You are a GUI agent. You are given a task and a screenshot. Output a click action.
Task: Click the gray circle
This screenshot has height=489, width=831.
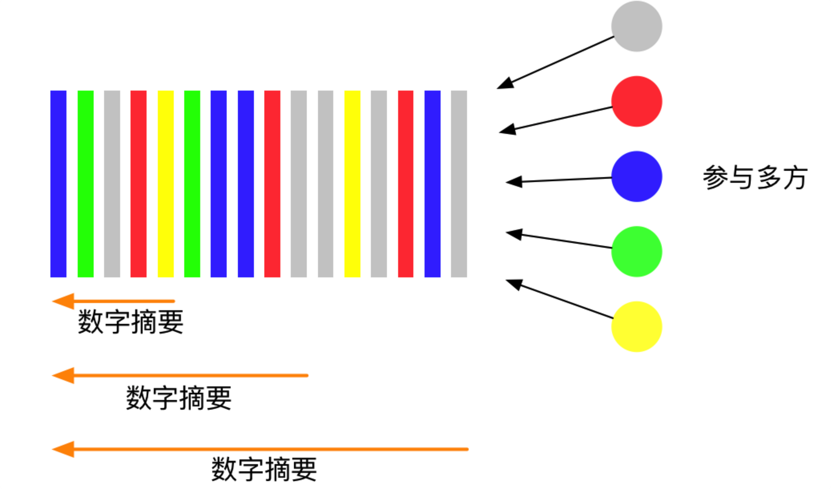click(636, 26)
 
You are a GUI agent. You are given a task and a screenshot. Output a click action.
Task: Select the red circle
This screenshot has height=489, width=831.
click(636, 101)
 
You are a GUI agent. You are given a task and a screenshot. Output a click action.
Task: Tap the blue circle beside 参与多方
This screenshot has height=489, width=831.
click(636, 176)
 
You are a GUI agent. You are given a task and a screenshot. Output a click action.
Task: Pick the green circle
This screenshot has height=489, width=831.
click(636, 251)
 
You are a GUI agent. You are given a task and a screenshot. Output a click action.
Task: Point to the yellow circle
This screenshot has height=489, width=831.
click(636, 327)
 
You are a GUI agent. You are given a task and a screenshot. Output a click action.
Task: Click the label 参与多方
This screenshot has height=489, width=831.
click(755, 178)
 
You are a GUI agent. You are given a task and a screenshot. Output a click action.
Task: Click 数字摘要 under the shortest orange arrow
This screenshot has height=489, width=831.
click(131, 322)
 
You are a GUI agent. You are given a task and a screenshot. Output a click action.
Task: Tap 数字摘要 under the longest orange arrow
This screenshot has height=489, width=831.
click(264, 469)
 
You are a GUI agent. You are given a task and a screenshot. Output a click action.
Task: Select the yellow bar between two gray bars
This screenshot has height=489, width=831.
click(352, 183)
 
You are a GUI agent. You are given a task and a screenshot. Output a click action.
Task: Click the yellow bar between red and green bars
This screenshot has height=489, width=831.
click(165, 183)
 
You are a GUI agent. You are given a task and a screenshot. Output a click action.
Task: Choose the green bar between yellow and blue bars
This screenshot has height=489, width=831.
click(192, 183)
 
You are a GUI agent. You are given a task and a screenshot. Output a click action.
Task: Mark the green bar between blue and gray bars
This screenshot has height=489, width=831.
click(85, 183)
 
